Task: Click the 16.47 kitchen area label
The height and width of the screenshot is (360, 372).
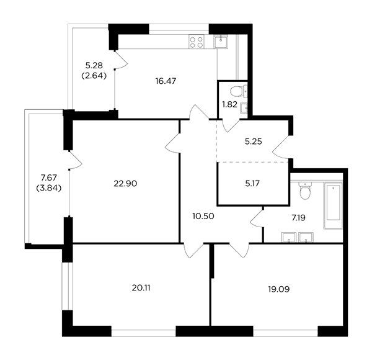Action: (166, 81)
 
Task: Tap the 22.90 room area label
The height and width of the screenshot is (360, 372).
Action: (125, 184)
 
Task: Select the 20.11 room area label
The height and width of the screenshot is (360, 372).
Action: (141, 288)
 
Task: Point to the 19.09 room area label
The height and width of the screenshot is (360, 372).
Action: (279, 289)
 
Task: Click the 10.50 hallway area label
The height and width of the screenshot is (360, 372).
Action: (203, 216)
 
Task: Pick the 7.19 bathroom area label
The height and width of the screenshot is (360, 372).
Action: (298, 217)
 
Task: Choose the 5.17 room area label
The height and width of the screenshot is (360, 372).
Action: (252, 183)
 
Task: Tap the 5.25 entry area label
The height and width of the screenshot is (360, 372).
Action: (254, 142)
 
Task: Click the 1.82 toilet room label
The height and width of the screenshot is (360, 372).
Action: (229, 104)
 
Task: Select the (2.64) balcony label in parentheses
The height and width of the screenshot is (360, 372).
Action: (94, 76)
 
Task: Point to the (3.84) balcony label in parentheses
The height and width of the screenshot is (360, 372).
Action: (49, 188)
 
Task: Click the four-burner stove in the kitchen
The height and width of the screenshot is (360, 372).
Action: (197, 42)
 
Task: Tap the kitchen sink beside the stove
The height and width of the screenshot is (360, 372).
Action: (221, 42)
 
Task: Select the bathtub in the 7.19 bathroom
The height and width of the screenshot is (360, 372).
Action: (333, 205)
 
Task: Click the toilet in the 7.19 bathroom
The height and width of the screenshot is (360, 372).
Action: (305, 191)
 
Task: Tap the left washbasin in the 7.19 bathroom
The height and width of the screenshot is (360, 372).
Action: (289, 237)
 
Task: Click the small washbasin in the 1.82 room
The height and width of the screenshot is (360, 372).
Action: (244, 109)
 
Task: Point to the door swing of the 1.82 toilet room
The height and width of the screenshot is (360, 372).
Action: (231, 125)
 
